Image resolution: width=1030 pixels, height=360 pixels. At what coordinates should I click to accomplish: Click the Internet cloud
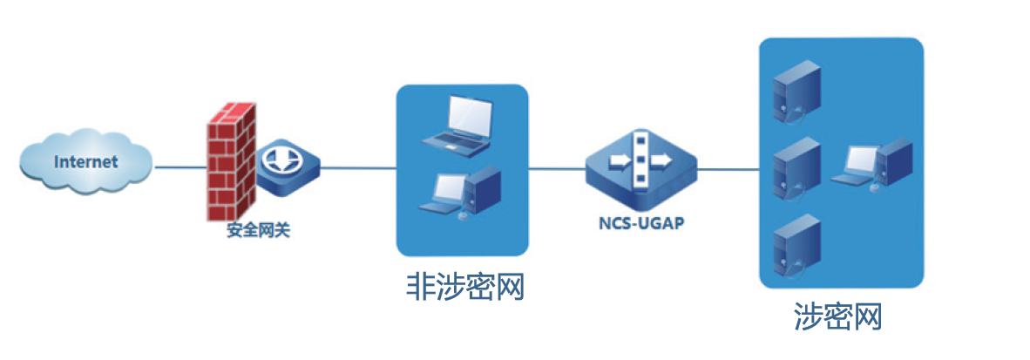pos(85,163)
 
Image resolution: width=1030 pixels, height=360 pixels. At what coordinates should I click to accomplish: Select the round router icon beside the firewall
pos(287,163)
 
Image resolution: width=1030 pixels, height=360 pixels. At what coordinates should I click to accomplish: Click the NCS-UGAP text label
pos(641,222)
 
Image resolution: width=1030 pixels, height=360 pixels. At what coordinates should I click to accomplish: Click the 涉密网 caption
pos(838,316)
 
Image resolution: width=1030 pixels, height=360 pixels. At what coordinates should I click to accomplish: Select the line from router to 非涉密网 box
pos(357,166)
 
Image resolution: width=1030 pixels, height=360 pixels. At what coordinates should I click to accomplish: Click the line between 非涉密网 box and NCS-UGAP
pos(558,167)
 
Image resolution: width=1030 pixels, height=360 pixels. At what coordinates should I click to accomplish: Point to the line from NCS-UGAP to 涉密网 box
pos(728,168)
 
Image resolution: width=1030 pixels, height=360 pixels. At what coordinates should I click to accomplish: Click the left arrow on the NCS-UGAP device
pos(622,162)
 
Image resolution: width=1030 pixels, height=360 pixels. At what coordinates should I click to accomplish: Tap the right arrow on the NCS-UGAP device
pos(661,161)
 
